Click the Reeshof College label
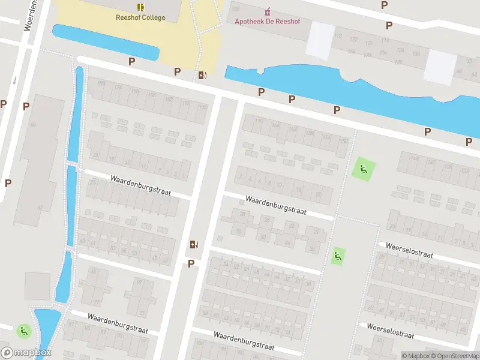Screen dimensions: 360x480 [x=140, y=17]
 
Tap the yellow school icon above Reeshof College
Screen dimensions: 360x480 [x=140, y=7]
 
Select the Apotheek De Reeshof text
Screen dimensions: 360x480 [x=268, y=22]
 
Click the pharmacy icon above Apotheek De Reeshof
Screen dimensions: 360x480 [x=268, y=11]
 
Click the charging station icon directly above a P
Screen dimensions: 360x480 [x=193, y=244]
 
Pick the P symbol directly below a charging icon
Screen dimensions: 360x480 [x=191, y=263]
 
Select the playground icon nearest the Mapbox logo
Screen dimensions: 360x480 [x=23, y=330]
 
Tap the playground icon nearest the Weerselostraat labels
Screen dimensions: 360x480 [x=338, y=257]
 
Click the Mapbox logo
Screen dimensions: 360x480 [x=26, y=353]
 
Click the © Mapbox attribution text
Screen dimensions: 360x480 [x=415, y=356]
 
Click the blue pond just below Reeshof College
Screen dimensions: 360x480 [x=105, y=42]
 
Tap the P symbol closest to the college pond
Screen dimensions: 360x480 [x=131, y=61]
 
